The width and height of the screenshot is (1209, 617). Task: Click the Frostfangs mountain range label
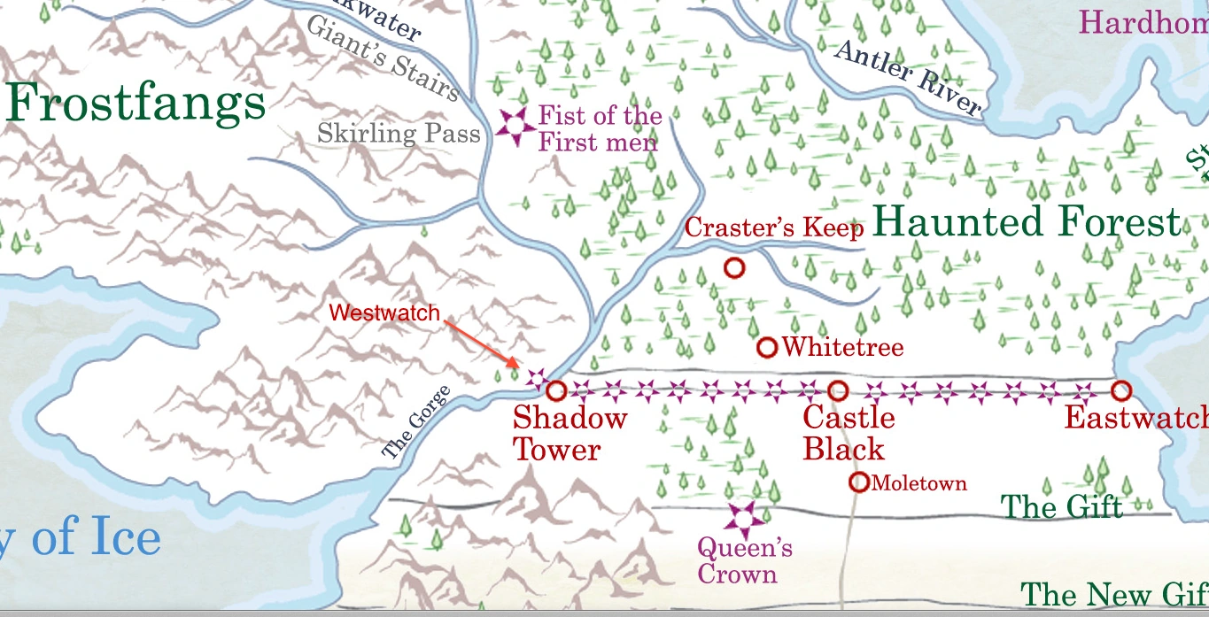point(136,104)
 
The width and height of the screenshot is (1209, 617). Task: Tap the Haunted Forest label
point(1027,221)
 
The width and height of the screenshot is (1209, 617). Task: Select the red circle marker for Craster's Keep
point(733,267)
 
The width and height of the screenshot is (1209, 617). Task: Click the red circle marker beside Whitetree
point(767,348)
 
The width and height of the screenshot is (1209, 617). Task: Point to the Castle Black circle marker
point(838,389)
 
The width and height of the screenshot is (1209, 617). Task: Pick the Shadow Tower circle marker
point(556,390)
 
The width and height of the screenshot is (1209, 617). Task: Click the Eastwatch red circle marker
point(1121,389)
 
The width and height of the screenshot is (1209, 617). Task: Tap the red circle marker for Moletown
point(859,482)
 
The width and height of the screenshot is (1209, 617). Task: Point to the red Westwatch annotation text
point(384,313)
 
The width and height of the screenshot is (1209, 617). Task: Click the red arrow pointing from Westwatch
point(481,343)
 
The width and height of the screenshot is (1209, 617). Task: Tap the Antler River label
point(908,79)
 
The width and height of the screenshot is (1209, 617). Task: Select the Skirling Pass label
point(399,135)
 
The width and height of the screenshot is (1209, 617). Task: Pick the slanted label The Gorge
point(416,423)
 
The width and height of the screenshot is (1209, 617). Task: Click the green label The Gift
point(1061,507)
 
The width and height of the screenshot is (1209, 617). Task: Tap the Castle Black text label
point(848,434)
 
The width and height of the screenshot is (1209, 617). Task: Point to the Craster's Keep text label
point(774,228)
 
